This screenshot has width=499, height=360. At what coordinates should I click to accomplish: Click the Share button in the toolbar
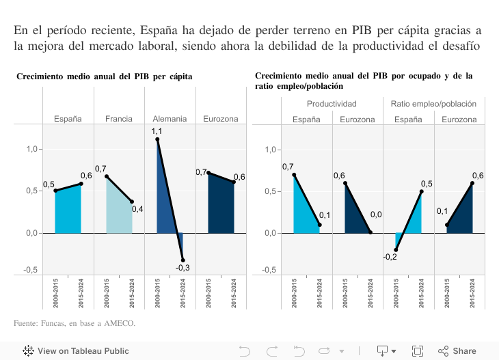pos(457,350)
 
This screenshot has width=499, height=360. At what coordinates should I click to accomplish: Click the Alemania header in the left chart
pos(170,118)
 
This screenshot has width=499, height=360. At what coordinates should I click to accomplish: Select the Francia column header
pos(119,118)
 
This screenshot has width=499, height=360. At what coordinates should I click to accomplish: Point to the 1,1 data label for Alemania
pos(157,131)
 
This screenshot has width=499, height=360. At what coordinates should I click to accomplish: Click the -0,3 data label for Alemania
pos(183,267)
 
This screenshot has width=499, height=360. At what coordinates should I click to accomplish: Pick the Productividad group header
pos(332,104)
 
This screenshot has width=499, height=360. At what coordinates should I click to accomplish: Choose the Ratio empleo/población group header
pos(433,104)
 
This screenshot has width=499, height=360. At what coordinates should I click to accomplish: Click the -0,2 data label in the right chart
pos(390,257)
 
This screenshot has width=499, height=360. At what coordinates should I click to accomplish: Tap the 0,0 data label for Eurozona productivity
pos(376,214)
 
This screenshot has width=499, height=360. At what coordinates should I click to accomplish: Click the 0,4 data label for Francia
pos(137,209)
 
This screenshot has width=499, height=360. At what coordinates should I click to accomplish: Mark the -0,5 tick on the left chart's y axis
pos(31,270)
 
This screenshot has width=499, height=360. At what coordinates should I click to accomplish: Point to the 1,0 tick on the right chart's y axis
pos(270,149)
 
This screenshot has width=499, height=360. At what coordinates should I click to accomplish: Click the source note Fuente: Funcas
pos(75,322)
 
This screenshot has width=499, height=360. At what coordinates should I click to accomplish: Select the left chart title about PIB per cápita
pos(104,77)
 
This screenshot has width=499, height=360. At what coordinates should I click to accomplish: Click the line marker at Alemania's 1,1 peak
pos(157,139)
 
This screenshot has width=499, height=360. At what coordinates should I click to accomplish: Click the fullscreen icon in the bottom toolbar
pos(418,350)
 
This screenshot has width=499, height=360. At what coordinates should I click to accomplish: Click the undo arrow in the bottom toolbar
pos(244,350)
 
